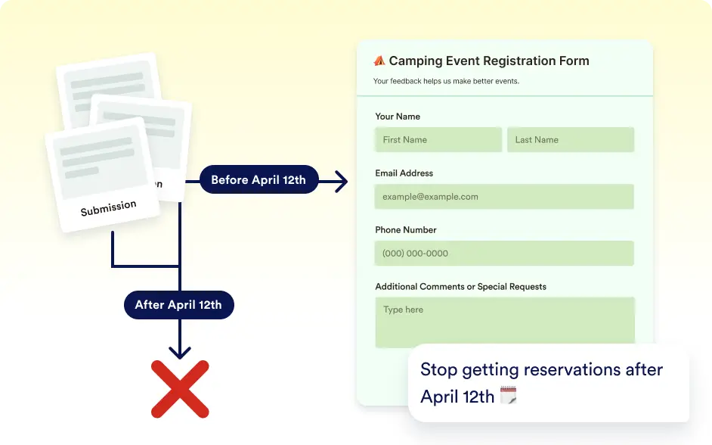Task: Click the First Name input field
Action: click(438, 139)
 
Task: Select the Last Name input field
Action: click(571, 139)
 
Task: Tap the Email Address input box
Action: click(504, 196)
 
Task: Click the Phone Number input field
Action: click(504, 254)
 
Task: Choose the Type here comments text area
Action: click(505, 322)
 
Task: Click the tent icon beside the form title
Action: click(379, 61)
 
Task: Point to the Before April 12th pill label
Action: click(258, 179)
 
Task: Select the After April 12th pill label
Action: click(179, 304)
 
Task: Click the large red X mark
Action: click(180, 389)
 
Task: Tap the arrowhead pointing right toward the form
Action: click(342, 182)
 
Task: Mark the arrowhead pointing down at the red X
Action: click(180, 353)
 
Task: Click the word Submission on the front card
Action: click(109, 207)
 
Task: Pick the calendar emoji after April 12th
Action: click(508, 395)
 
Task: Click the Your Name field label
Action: click(398, 117)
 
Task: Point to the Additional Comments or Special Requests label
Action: click(460, 286)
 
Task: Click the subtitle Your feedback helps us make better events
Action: click(446, 81)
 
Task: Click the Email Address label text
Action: click(404, 173)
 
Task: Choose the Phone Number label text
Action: click(405, 230)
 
